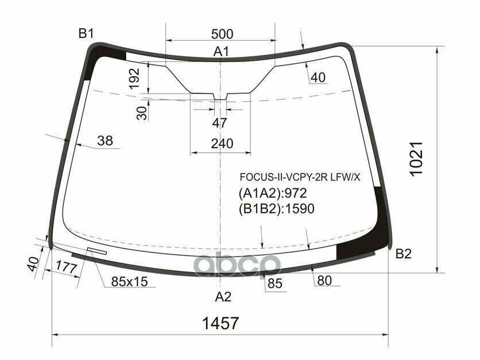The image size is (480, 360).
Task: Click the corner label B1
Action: (x=86, y=34)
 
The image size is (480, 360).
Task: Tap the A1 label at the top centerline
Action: (x=222, y=52)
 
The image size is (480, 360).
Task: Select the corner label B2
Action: (x=404, y=254)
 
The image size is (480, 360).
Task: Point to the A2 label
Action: (x=223, y=296)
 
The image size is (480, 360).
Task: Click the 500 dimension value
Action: (x=222, y=33)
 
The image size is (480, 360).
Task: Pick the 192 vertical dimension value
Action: (x=134, y=78)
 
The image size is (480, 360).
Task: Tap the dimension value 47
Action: (x=219, y=123)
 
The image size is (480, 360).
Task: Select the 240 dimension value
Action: (x=222, y=144)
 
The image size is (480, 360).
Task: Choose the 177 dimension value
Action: (x=68, y=266)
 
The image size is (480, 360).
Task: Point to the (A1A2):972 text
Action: (x=273, y=193)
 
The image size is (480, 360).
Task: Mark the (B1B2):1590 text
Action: (x=276, y=209)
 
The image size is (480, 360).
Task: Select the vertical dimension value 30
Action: (x=142, y=113)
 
